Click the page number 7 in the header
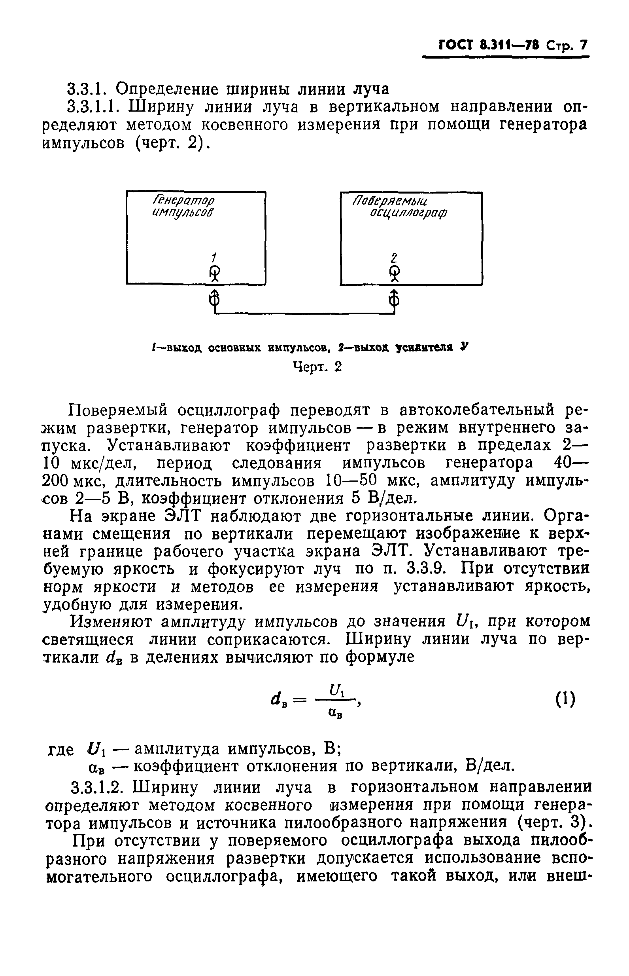583,45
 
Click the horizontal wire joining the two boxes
304,313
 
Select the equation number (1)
565,699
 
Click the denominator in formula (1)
335,714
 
